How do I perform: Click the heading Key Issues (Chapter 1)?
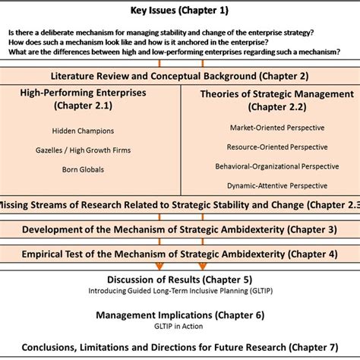pyautogui.click(x=179, y=10)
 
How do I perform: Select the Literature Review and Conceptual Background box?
pyautogui.click(x=179, y=77)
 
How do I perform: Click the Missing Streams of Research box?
pyautogui.click(x=179, y=205)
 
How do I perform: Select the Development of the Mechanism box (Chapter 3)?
pyautogui.click(x=179, y=229)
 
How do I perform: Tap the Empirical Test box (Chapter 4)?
pyautogui.click(x=179, y=253)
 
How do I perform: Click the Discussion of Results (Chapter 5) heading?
pyautogui.click(x=179, y=278)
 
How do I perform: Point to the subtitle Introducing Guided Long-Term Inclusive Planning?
pyautogui.click(x=179, y=289)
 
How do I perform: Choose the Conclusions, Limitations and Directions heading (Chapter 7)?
pyautogui.click(x=179, y=347)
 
